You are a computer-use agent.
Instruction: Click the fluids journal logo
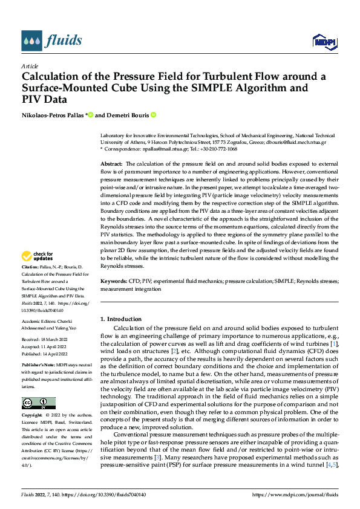click(51, 41)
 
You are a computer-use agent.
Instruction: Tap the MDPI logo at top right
click(323, 41)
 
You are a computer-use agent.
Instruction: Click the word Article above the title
click(30, 66)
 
